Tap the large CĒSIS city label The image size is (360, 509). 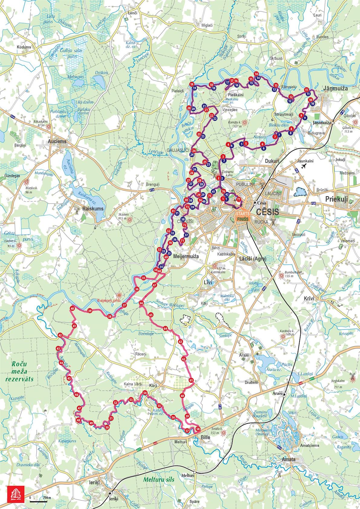(267, 212)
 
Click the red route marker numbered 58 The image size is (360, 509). (198, 429)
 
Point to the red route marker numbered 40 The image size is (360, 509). (72, 308)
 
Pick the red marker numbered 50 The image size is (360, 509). (107, 427)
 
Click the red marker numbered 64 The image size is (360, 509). (165, 328)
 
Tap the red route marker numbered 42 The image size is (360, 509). (60, 335)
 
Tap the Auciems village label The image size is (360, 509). (57, 141)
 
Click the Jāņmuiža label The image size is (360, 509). (335, 89)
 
